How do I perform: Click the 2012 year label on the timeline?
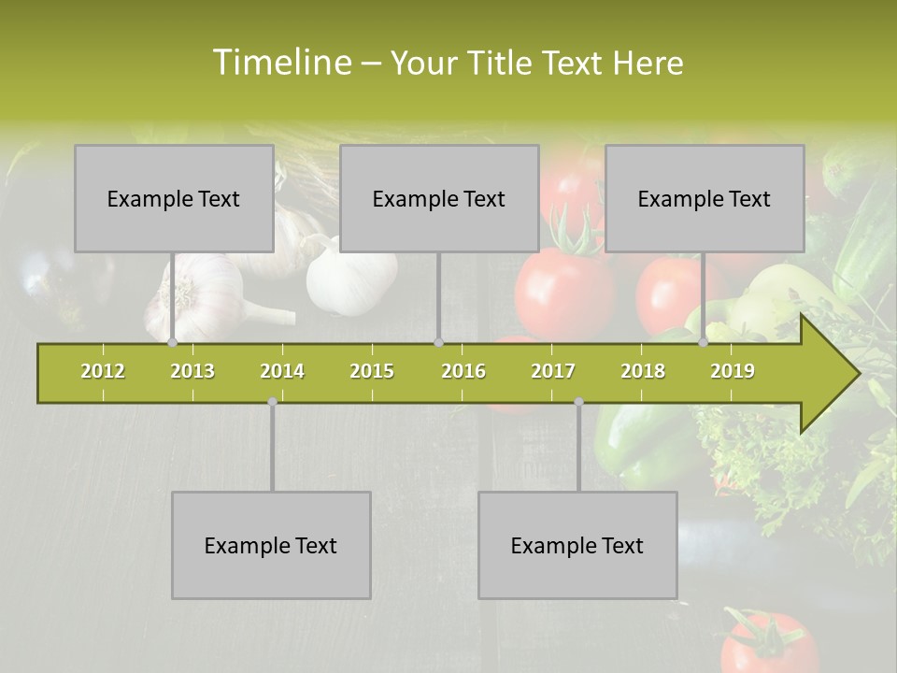point(103,371)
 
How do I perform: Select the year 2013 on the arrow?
point(192,371)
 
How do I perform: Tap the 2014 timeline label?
point(282,371)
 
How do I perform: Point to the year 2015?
point(372,371)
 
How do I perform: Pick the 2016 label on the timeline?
point(463,371)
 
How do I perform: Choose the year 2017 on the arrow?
point(553,371)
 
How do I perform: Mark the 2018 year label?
point(643,371)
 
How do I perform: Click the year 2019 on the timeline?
point(733,371)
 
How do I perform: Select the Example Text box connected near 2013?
point(174,198)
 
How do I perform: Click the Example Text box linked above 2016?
point(439,198)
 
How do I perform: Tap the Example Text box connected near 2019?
point(705,198)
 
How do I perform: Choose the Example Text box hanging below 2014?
point(271,545)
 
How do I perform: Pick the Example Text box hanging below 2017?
point(577,545)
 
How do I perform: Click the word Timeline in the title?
point(280,63)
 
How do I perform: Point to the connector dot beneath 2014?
point(272,402)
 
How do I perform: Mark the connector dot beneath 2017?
point(578,402)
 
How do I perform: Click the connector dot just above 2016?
point(438,342)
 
